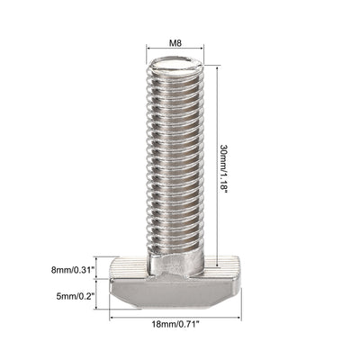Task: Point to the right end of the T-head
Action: pyautogui.click(x=230, y=270)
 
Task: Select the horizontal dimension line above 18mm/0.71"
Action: pyautogui.click(x=176, y=316)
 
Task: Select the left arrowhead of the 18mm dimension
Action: pyautogui.click(x=112, y=316)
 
